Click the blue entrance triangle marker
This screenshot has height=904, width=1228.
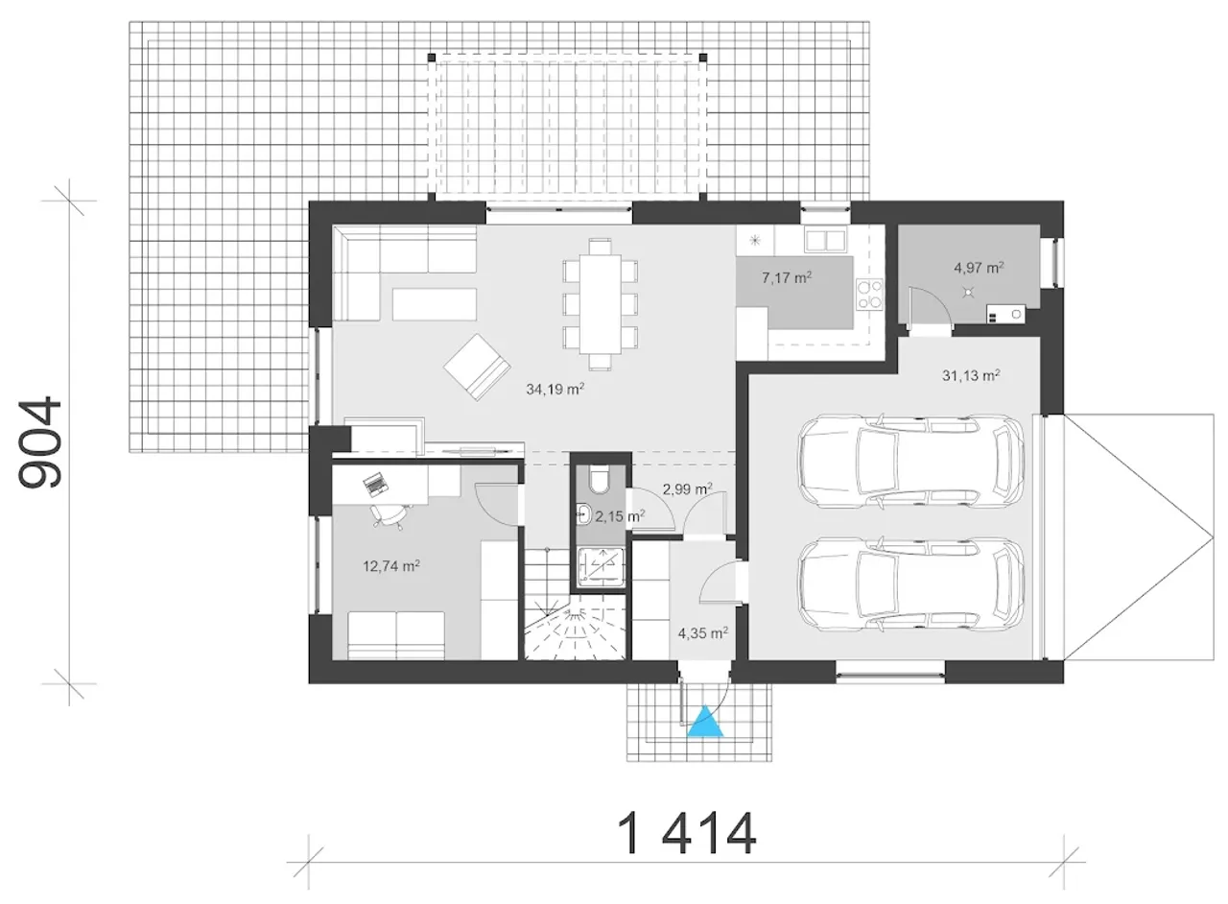pos(705,723)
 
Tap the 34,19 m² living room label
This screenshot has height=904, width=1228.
pos(555,389)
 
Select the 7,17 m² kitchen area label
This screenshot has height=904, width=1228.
pos(787,277)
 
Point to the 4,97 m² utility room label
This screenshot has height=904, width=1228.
pos(979,268)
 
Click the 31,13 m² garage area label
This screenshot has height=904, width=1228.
pos(971,375)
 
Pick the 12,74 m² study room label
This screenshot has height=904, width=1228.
pos(391,565)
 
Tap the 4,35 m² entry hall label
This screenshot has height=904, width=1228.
pos(703,633)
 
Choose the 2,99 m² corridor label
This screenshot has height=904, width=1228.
pos(688,488)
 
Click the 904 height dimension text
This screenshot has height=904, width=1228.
pos(39,442)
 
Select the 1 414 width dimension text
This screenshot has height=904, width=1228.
pos(686,834)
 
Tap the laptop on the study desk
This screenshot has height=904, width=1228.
pos(376,484)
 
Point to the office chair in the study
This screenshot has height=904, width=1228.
pos(390,515)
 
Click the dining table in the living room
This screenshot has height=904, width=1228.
pos(601,304)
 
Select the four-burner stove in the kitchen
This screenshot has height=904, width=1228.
pos(870,295)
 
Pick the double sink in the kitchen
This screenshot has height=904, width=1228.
pos(825,240)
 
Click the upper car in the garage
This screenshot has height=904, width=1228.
pos(910,461)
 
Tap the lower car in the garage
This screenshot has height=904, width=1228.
pos(910,584)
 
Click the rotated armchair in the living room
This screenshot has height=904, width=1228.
pos(477,367)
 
